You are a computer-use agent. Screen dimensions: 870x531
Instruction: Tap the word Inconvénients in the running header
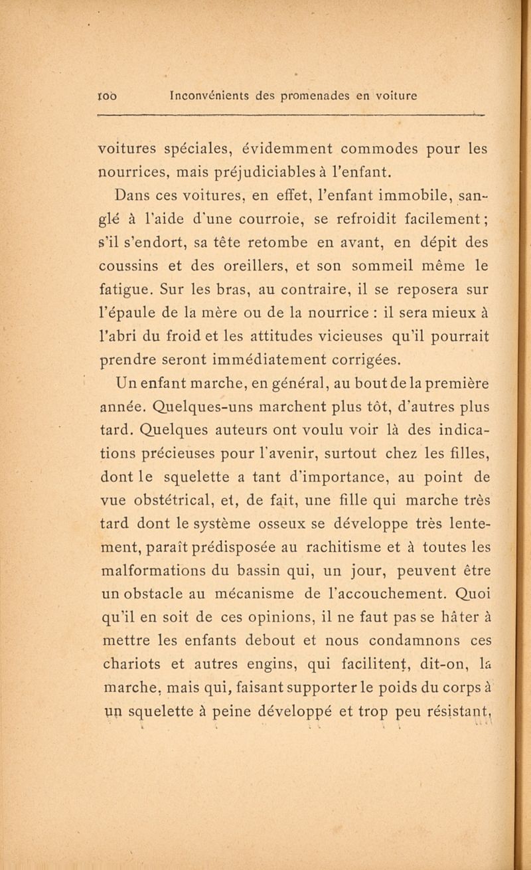pos(212,95)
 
